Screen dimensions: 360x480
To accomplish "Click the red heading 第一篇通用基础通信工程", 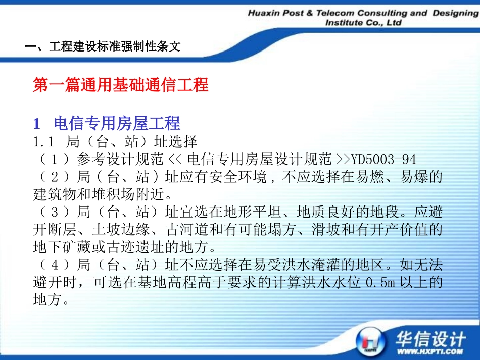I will click(121, 85).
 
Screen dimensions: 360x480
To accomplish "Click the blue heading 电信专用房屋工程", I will click(117, 123).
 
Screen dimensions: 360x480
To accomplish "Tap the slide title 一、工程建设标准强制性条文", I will click(103, 47).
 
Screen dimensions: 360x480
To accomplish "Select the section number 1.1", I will click(44, 141).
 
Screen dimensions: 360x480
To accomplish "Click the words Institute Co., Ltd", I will click(363, 23).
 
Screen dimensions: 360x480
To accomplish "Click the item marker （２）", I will click(53, 177).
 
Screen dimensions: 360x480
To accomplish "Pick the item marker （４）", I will click(53, 265).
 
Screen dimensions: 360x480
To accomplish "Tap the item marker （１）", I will click(53, 160).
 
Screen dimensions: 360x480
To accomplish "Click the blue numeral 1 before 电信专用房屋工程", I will click(36, 123).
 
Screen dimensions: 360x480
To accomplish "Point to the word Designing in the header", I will click(455, 13).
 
